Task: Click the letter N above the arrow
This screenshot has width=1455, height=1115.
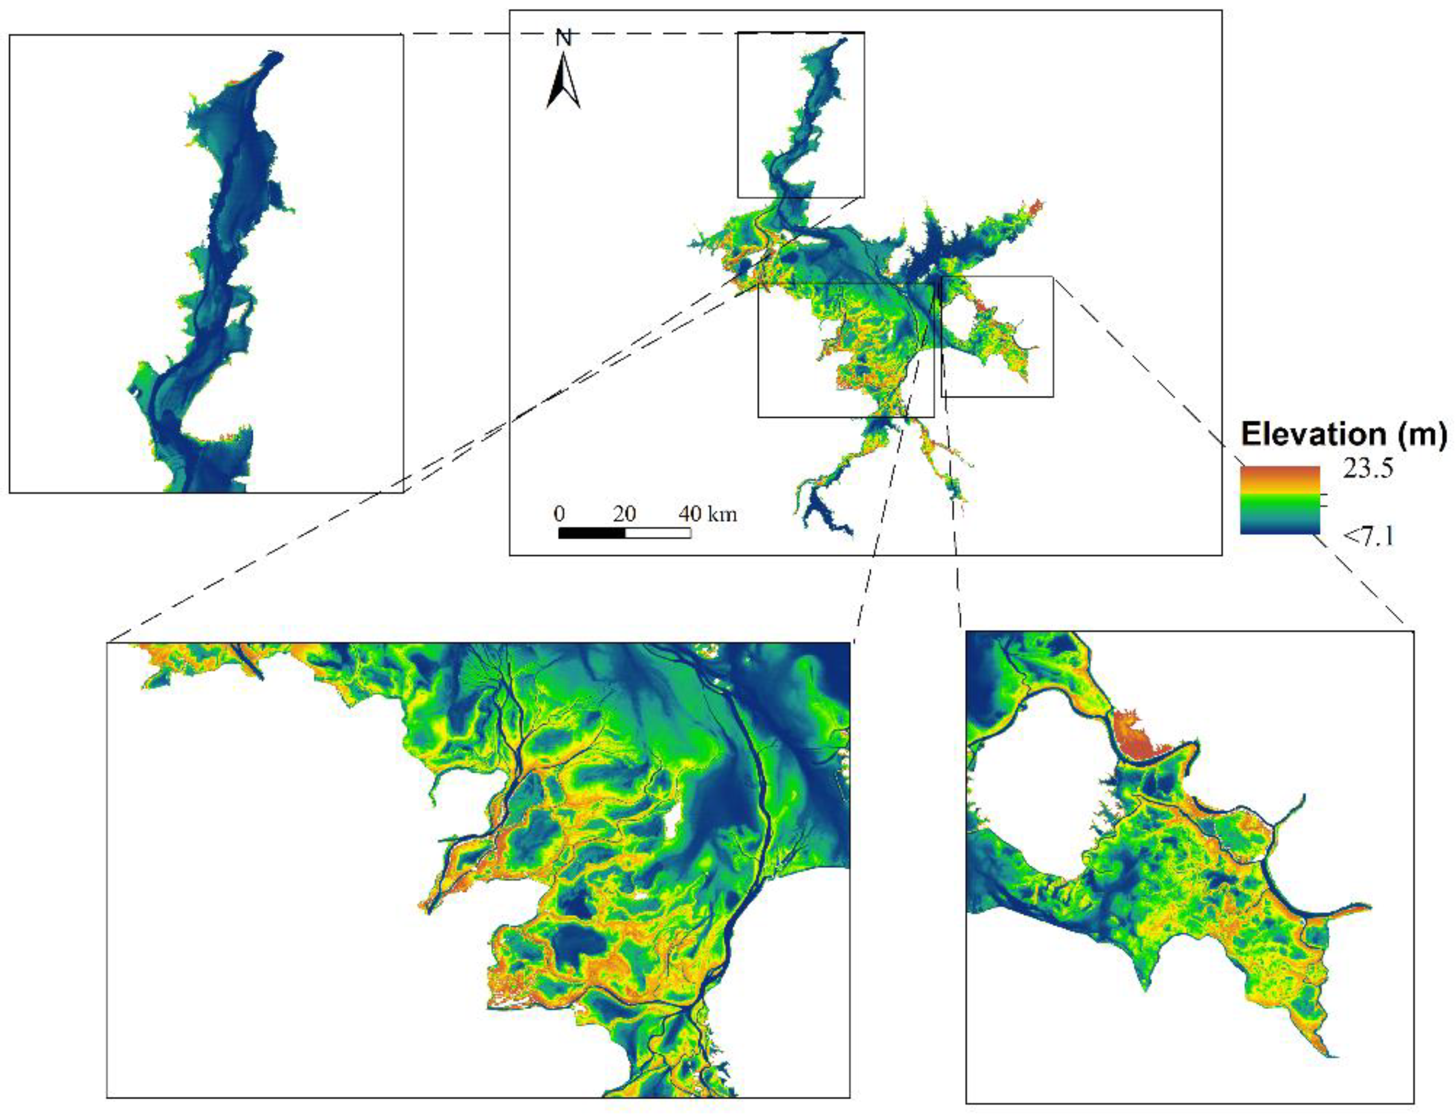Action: point(563,39)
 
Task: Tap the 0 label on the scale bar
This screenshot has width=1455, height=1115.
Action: point(559,513)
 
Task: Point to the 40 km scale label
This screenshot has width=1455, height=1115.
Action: point(707,513)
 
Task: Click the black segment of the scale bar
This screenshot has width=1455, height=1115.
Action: point(592,533)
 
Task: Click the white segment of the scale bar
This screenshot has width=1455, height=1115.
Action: point(658,533)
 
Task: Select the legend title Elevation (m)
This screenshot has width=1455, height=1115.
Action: point(1343,434)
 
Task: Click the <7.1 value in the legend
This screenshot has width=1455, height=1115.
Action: point(1368,535)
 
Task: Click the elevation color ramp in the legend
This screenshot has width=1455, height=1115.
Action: point(1279,500)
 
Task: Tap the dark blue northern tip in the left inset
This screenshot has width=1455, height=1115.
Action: point(272,59)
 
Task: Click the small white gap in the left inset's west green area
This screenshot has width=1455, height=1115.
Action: point(136,392)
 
